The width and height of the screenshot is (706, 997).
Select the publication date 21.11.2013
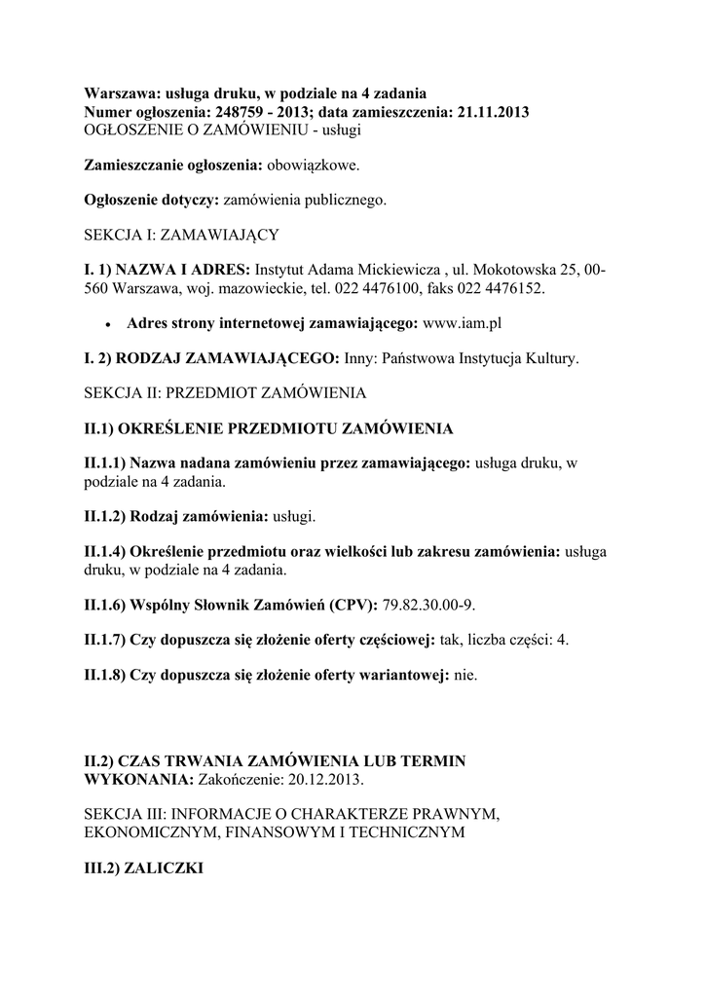[492, 112]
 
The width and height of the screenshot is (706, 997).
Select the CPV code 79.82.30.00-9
[427, 605]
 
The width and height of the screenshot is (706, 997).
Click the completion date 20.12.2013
[328, 780]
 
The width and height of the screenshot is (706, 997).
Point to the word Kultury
[552, 357]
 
